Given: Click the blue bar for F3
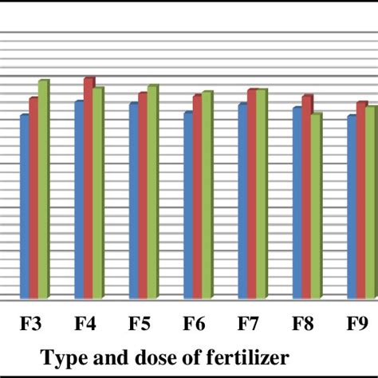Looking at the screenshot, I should tap(25, 207).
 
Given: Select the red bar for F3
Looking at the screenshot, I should tap(33, 199).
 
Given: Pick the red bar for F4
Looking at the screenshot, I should tap(89, 189).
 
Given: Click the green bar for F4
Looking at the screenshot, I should tap(98, 194).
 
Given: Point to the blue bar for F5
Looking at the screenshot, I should tap(134, 202).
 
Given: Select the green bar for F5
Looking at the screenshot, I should tap(152, 193).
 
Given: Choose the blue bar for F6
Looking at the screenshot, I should tap(188, 207).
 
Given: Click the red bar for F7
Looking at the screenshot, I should tap(252, 195).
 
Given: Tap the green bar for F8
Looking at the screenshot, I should tap(315, 207).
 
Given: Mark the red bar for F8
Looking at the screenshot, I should tap(306, 198).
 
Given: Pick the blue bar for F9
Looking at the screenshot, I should tap(352, 208).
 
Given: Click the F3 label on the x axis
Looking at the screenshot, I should tap(31, 325).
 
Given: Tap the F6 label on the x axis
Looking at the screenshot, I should tap(195, 325).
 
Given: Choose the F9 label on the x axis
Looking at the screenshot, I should tap(357, 325).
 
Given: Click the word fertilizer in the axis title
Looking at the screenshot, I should tap(240, 356).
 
